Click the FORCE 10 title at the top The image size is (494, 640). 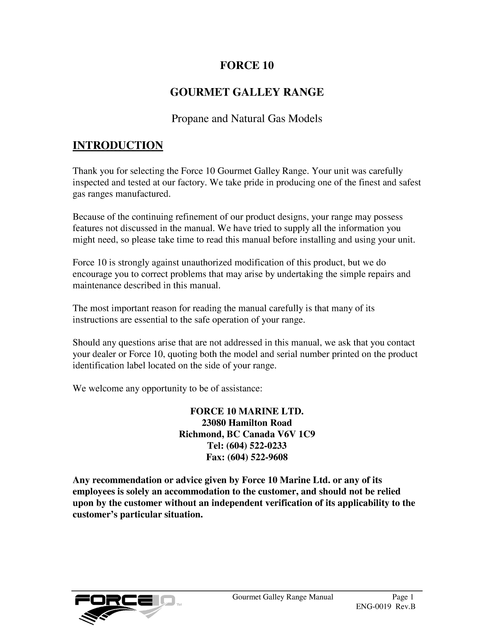(x=247, y=66)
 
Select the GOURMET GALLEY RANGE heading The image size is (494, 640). (x=247, y=92)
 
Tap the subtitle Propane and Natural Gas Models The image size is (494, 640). (x=247, y=119)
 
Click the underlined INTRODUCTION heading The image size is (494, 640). (x=118, y=146)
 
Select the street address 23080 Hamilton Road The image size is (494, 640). (x=247, y=423)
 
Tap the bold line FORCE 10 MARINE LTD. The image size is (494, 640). (x=247, y=411)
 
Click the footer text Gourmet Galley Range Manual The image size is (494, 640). (x=283, y=597)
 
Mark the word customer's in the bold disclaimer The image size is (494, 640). (x=95, y=515)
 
